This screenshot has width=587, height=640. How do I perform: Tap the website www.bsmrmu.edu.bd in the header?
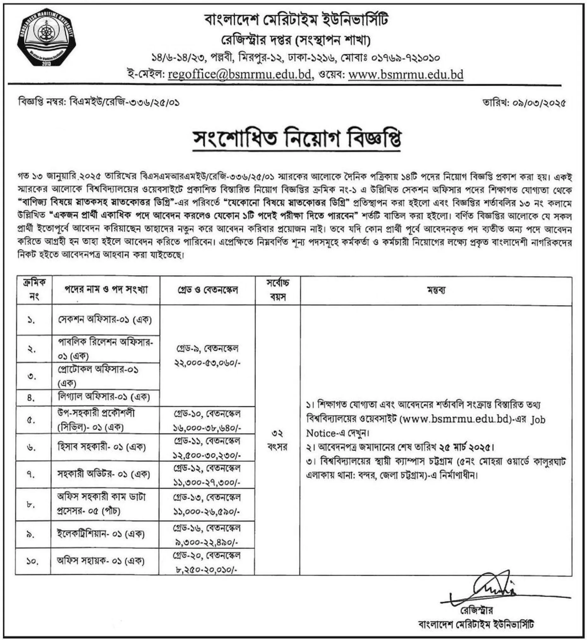click(x=406, y=74)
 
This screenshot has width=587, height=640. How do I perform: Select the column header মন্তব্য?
click(x=436, y=290)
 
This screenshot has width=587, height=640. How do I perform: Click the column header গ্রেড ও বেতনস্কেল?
click(x=208, y=290)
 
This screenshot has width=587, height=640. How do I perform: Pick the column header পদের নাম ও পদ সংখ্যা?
click(x=106, y=290)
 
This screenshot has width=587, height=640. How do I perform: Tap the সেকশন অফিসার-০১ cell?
click(x=105, y=319)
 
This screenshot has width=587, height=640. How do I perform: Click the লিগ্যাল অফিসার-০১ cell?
click(x=104, y=397)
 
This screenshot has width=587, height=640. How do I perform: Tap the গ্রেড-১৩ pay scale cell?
click(x=207, y=504)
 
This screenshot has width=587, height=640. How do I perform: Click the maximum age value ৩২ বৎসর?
click(x=278, y=440)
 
